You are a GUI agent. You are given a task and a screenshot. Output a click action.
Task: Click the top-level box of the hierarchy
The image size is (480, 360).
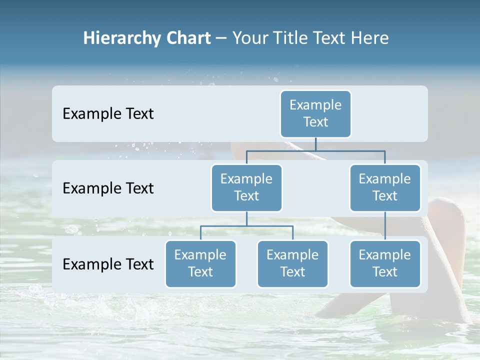[x=315, y=113]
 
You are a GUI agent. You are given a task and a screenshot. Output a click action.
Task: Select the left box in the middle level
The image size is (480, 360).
[x=246, y=187]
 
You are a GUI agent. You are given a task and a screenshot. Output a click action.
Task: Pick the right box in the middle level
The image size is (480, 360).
[x=385, y=187]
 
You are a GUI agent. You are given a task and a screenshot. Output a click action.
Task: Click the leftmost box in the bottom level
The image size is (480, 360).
[x=200, y=263]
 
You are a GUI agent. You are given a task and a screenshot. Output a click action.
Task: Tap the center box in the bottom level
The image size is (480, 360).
[x=292, y=263]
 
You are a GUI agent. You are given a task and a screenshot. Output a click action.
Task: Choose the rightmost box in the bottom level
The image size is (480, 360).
[x=385, y=263]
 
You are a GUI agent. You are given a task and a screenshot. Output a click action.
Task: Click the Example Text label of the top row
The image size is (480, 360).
[x=108, y=114]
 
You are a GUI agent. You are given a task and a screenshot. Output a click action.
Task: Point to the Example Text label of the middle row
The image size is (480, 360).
[x=108, y=188]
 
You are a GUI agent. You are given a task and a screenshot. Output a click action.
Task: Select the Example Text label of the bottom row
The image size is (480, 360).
[x=108, y=264]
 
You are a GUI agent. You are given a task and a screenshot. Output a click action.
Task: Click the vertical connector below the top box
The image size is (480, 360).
[x=315, y=144]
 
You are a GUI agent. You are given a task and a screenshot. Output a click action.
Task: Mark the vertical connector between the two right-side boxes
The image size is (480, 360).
[x=385, y=226]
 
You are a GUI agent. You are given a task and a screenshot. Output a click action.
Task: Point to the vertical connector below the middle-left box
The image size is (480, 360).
[x=246, y=218]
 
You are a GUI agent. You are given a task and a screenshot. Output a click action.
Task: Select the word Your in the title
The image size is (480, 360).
[x=249, y=38]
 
